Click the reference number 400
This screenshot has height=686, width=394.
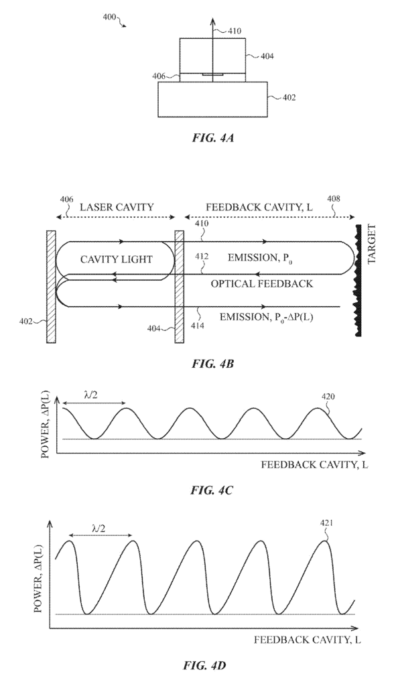(109, 17)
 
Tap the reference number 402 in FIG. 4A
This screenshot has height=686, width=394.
(289, 98)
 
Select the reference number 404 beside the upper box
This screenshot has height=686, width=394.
(267, 56)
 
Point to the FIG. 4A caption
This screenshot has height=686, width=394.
(213, 138)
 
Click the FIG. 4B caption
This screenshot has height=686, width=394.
(213, 364)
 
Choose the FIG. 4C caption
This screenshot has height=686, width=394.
(212, 490)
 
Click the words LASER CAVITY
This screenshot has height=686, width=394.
(117, 207)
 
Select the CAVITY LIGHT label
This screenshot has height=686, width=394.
(117, 259)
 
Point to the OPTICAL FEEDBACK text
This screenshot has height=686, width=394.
(262, 283)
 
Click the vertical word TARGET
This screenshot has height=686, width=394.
(372, 244)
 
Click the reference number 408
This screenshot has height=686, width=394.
(334, 199)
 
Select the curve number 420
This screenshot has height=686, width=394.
(328, 397)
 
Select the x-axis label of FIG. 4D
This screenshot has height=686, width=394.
(308, 640)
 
